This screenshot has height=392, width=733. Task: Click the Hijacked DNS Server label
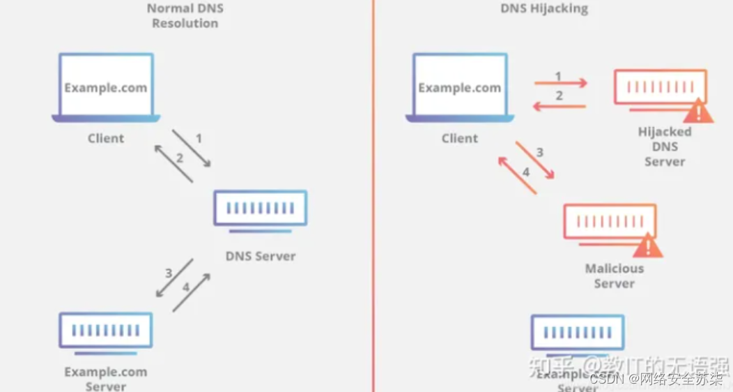pos(664,146)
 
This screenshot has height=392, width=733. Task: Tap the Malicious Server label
pos(614,276)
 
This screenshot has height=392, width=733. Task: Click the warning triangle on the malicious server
pos(647,244)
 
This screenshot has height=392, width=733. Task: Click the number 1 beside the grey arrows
pos(199,139)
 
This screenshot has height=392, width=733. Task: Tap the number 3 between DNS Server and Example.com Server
pos(168,273)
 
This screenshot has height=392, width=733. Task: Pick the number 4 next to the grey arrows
pos(185,287)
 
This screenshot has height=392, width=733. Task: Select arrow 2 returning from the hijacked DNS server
pos(560,106)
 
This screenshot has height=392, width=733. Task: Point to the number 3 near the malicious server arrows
pos(539,152)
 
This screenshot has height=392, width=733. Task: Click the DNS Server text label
pos(261,256)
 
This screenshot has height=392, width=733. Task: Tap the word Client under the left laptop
pos(106,138)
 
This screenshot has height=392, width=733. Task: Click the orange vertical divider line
pos(373,209)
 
